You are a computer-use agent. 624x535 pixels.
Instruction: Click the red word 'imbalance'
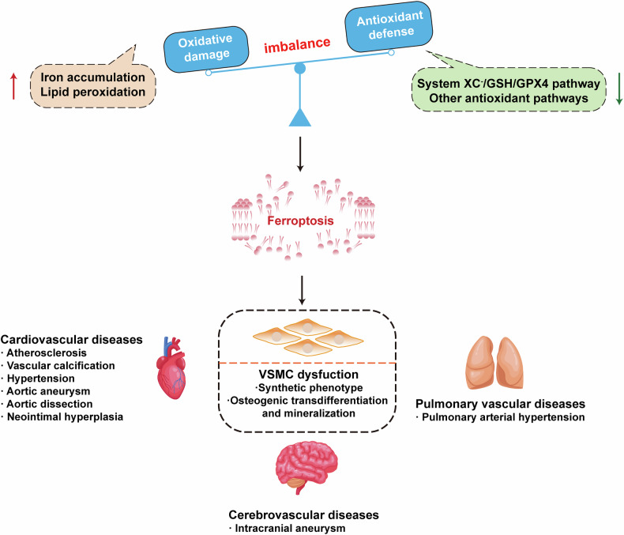pyautogui.click(x=297, y=44)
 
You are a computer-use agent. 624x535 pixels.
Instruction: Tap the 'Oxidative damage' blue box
pyautogui.click(x=206, y=49)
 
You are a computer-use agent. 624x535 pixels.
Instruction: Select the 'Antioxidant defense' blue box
pyautogui.click(x=389, y=26)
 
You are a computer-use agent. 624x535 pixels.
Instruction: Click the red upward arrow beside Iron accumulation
pyautogui.click(x=14, y=85)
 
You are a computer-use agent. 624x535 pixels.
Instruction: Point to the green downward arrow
pyautogui.click(x=618, y=89)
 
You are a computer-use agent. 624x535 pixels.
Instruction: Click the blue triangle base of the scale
pyautogui.click(x=299, y=118)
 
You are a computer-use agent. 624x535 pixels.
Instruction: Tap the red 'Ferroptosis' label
pyautogui.click(x=300, y=220)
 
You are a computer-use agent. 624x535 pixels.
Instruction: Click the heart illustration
pyautogui.click(x=171, y=367)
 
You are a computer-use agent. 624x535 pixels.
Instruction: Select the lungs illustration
pyautogui.click(x=494, y=363)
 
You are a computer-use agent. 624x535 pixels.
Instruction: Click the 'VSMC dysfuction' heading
pyautogui.click(x=308, y=375)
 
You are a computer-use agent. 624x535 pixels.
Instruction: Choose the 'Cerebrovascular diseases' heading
pyautogui.click(x=303, y=514)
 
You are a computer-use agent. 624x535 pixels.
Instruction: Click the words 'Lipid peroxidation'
pyautogui.click(x=92, y=92)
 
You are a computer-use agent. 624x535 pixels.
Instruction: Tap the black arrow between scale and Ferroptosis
pyautogui.click(x=300, y=154)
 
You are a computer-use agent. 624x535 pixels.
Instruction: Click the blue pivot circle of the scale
pyautogui.click(x=299, y=69)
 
